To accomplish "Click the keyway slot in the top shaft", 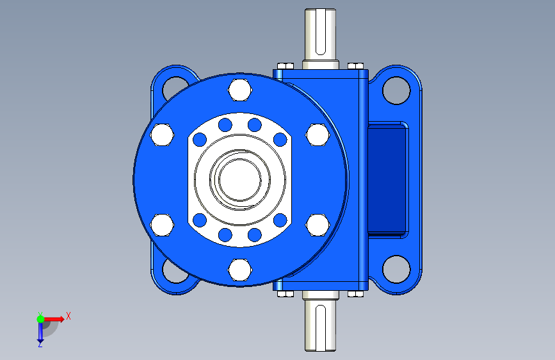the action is coord(320,33).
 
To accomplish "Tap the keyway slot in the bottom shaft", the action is coord(320,327).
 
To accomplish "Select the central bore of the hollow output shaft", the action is coord(239,179).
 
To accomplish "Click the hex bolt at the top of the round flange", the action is coord(240,90).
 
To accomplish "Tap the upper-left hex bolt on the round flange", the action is coord(162,135).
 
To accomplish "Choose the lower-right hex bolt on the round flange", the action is coord(318,225).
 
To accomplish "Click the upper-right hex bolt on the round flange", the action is coord(318,135).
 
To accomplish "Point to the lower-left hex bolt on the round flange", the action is coord(162,225).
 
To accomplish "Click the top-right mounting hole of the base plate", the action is coord(396,90).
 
